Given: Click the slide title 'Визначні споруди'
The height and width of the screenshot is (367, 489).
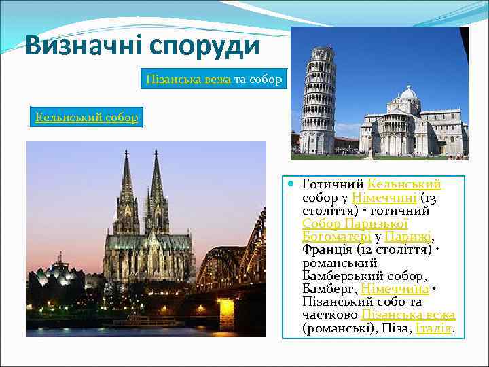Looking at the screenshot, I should pos(143,46).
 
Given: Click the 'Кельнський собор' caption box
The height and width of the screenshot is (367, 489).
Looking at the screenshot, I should pos(87,118).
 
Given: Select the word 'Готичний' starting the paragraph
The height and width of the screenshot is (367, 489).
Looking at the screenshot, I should pos(332,184).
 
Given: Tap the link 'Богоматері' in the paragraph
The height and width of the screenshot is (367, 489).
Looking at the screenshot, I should pos(336,237).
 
